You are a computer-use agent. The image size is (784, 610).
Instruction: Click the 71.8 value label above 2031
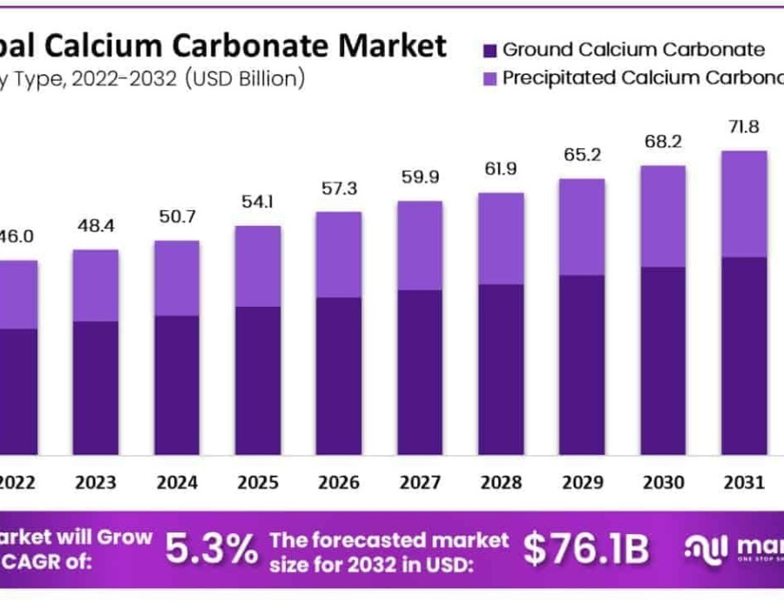click(744, 127)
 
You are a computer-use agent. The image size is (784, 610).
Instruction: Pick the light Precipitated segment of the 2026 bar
click(338, 254)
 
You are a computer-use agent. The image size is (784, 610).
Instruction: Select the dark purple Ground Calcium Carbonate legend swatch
click(488, 50)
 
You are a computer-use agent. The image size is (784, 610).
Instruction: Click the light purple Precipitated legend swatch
click(488, 78)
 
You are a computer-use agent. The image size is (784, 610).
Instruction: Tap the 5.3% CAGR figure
click(212, 549)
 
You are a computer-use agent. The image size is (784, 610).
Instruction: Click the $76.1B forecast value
click(585, 549)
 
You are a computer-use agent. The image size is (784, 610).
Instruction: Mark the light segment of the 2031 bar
click(744, 204)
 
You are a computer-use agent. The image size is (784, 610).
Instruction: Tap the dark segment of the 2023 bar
click(95, 387)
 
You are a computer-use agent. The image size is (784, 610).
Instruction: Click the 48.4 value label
click(95, 227)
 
